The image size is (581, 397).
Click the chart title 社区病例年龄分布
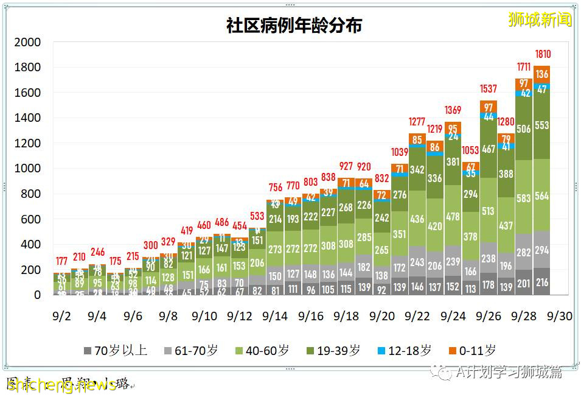294,26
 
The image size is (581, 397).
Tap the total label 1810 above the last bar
543,55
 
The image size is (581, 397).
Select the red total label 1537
489,90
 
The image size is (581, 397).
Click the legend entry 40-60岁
262,351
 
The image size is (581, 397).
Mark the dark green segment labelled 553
542,125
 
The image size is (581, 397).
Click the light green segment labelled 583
524,198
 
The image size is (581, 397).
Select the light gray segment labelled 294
542,250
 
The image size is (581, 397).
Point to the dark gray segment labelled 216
542,283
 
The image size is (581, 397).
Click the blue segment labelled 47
542,88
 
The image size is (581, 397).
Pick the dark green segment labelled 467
489,149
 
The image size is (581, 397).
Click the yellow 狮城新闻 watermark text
540,20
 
